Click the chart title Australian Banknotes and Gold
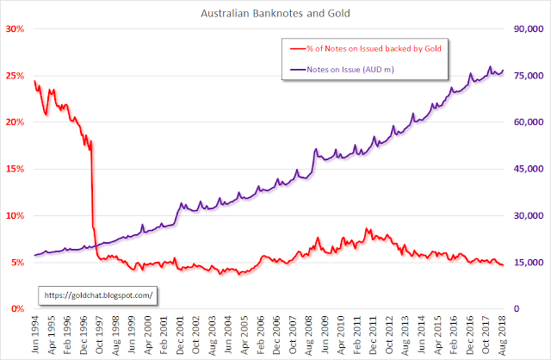(275, 13)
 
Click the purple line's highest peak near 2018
(490, 66)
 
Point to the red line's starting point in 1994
(34, 81)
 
